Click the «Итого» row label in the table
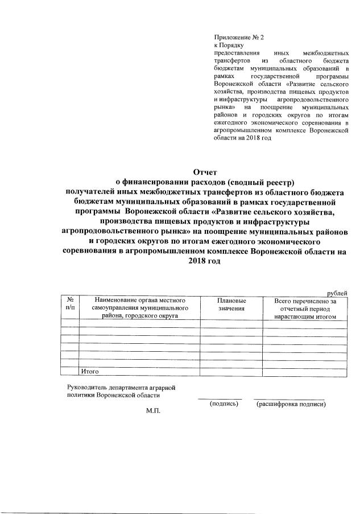coord(90,372)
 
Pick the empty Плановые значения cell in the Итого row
coord(231,372)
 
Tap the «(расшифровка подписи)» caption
coord(290,405)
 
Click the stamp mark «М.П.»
coord(154,411)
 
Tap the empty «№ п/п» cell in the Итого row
coord(69,372)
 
